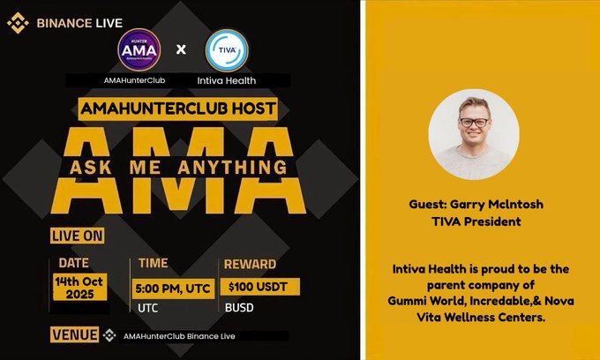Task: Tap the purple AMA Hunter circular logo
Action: [139, 49]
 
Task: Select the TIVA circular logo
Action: [227, 50]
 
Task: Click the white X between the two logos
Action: [182, 50]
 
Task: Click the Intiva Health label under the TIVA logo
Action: [227, 81]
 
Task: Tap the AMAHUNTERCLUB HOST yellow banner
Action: [177, 109]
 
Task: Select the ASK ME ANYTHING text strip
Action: [179, 167]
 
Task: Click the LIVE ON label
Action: [77, 236]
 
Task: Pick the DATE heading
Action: [74, 263]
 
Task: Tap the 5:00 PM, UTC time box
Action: [172, 289]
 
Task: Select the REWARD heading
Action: [251, 264]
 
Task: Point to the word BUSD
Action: [238, 310]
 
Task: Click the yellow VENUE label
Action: [75, 335]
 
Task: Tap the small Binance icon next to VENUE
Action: [110, 335]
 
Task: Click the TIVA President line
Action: [476, 221]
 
